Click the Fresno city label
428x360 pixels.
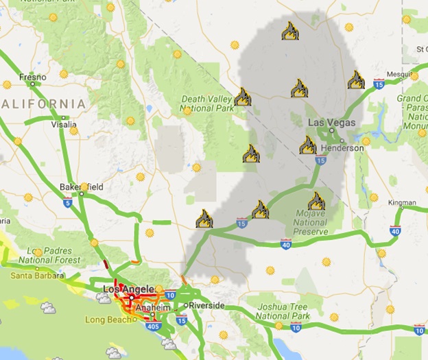coord(32,76)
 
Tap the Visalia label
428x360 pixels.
coord(64,125)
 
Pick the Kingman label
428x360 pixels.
coord(402,203)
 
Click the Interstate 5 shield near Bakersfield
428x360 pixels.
coord(67,203)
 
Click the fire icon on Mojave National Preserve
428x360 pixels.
coord(316,201)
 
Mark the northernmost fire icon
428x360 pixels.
coord(289,31)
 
